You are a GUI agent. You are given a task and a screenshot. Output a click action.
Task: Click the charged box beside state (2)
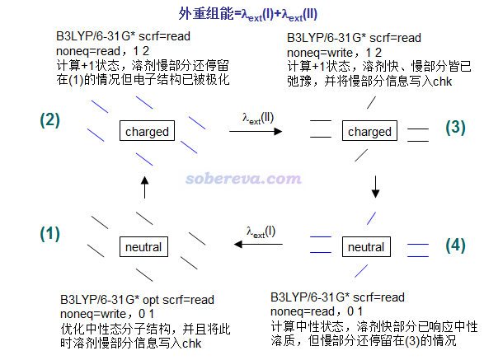coord(147,130)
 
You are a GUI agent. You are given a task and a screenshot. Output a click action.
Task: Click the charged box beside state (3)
coord(369,130)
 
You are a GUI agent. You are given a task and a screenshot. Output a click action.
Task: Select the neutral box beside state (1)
coord(143,246)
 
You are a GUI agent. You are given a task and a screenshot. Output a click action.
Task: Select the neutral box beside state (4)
coord(366,246)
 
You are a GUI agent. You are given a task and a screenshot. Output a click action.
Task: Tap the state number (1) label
coord(49,233)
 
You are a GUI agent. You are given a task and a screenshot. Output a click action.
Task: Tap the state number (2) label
coord(49,119)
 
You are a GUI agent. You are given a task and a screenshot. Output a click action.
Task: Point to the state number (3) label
coord(455,127)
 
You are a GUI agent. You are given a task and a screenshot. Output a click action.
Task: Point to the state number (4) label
coord(455,245)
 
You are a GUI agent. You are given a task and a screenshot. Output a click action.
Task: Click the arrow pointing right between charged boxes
coord(256,132)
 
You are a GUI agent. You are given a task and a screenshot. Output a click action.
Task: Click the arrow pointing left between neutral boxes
coord(258,245)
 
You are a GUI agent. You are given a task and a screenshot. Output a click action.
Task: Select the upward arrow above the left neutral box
coord(145,187)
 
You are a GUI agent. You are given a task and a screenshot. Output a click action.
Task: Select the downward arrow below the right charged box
coord(375,187)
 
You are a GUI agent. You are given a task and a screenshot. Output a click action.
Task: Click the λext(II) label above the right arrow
coord(258,118)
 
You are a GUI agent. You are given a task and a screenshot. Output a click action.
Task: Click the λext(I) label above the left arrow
coord(261,232)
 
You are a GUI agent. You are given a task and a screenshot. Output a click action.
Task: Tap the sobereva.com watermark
coord(243,179)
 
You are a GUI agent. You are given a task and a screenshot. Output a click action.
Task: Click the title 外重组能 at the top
coord(206,13)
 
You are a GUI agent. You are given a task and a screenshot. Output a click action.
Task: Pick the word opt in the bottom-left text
coord(151,300)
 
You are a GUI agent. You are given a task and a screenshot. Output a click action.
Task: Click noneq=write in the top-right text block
coord(320,53)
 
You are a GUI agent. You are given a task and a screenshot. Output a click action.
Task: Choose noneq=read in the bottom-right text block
coord(303,311)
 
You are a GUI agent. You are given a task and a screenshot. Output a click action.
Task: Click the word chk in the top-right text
coord(442,82)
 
